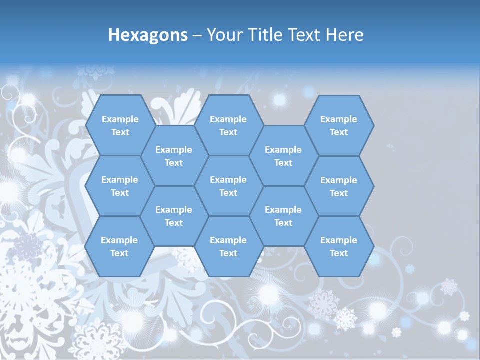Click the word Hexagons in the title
pos(148,35)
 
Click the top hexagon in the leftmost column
pos(120,125)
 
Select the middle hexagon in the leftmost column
pos(120,186)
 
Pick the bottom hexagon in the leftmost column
pos(119,246)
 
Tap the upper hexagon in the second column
pos(174,156)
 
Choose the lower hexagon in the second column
pos(174,216)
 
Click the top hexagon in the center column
pos(228,125)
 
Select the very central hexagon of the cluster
pos(228,186)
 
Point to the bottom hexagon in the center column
pos(228,246)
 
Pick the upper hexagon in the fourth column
pos(283,156)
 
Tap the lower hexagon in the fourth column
pos(283,216)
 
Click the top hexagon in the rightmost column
pos(339,125)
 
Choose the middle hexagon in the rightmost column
pos(339,186)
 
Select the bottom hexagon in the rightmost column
pos(339,246)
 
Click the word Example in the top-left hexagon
pos(120,119)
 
